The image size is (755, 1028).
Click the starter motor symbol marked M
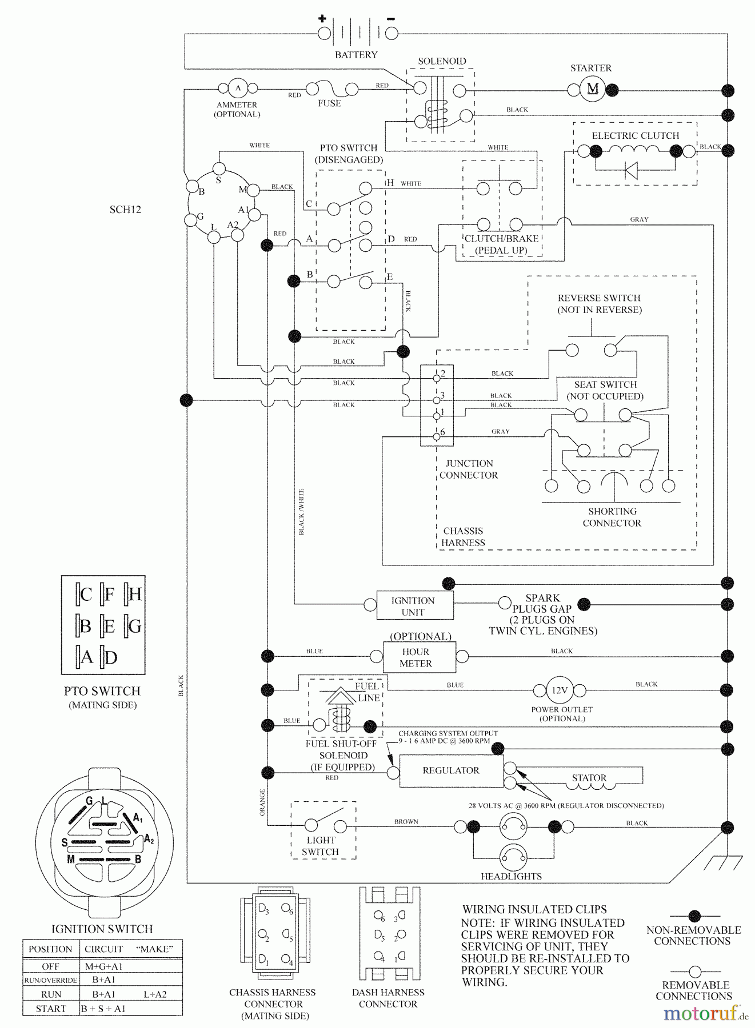593,89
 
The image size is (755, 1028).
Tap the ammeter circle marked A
238,88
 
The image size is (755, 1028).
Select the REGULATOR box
452,771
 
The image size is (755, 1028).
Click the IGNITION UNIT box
415,606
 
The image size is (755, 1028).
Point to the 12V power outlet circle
559,690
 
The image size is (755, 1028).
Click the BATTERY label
356,55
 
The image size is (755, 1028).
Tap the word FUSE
329,103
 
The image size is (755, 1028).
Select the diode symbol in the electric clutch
631,170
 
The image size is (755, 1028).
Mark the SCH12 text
125,210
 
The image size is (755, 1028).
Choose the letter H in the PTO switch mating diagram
135,595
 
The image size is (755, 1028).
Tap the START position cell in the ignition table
51,1009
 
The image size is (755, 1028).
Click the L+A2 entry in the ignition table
155,994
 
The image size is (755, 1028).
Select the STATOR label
589,778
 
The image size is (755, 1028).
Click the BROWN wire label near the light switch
406,822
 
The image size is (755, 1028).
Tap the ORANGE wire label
263,802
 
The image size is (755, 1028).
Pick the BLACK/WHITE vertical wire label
302,512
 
